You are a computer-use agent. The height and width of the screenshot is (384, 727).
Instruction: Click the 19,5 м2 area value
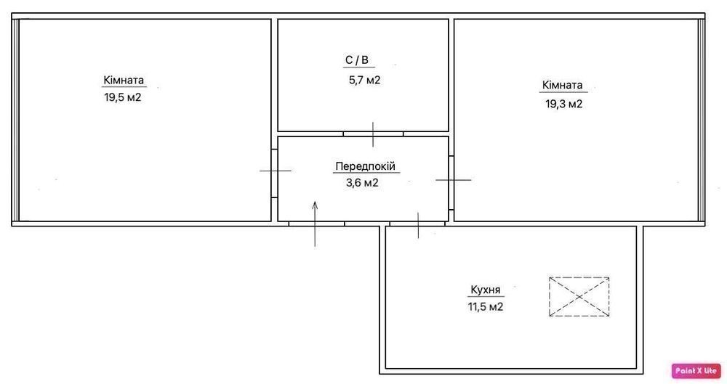coord(122,98)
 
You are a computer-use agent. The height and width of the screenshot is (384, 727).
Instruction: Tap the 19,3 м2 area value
coord(563,104)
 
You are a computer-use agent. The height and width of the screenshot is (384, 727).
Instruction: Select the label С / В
coord(356,60)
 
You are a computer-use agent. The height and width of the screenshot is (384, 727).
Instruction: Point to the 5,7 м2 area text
coord(364,80)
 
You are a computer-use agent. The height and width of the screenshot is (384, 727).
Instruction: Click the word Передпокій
coord(366,166)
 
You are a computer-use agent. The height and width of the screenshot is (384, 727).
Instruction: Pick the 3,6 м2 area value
coord(362,183)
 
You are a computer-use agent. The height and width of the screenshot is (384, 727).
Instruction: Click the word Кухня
coord(486,290)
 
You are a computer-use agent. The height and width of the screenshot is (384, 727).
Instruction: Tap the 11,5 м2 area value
coord(486,306)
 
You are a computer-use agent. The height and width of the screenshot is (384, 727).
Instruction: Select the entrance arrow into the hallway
coord(316,224)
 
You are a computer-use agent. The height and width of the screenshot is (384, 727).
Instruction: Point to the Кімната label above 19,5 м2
coord(124,80)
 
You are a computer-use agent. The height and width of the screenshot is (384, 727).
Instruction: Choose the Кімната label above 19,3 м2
coord(563,85)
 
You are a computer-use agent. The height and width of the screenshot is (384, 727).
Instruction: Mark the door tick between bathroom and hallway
coord(373,134)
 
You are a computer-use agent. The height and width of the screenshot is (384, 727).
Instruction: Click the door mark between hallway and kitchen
coord(418,225)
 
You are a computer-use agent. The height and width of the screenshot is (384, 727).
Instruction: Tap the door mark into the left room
coord(276,171)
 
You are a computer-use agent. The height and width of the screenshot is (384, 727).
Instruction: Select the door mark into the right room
coord(454,180)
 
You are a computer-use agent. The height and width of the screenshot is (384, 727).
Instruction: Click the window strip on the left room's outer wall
coord(15,120)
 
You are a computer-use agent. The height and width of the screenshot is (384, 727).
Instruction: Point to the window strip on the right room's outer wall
coord(702,120)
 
